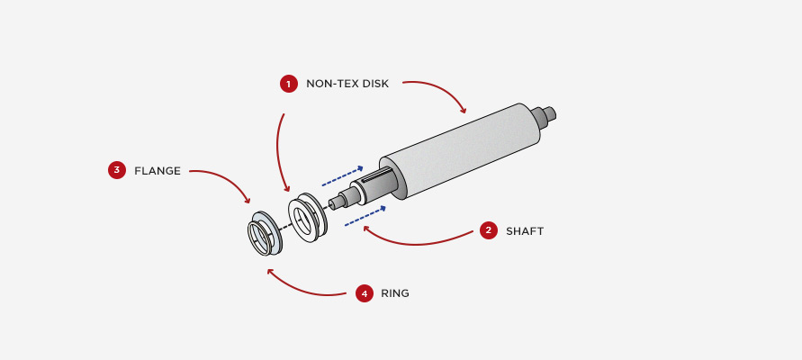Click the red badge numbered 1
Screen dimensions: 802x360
(288, 84)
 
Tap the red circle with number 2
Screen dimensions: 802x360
(489, 230)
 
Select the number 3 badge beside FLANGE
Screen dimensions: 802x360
(117, 170)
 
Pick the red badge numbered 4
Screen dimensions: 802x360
(365, 293)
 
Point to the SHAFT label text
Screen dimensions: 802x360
(525, 231)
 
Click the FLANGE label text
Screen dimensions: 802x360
(158, 171)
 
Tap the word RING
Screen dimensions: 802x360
(395, 293)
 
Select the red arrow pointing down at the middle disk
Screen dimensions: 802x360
(278, 153)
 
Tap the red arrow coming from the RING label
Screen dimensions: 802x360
(302, 290)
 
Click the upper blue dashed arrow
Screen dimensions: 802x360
(342, 175)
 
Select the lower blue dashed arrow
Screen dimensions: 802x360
(365, 216)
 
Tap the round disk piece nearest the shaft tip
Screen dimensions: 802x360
(307, 217)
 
